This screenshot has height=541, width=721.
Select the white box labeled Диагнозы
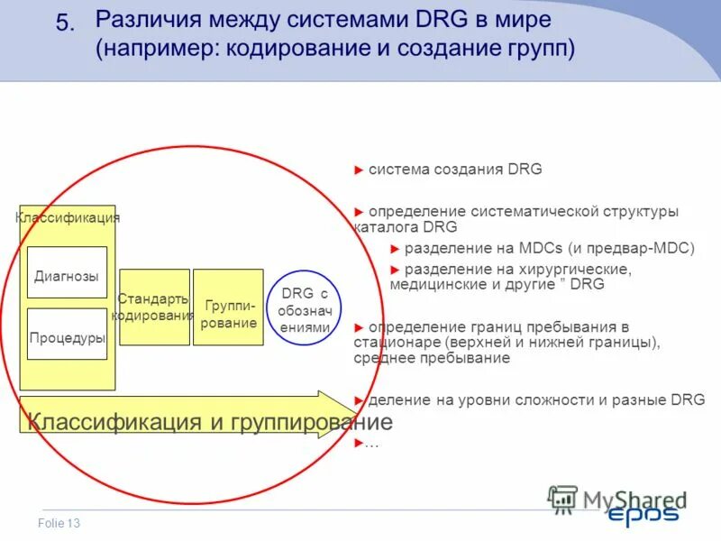point(67,277)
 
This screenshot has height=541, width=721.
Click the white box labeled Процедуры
point(67,337)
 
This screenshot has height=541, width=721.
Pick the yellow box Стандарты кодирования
point(154,307)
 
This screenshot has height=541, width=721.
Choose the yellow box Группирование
point(228,307)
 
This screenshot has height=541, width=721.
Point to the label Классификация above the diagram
point(68,217)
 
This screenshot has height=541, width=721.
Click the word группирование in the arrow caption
point(316,421)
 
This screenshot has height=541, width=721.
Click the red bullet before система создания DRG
point(359,170)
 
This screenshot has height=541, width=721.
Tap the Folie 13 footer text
point(59,524)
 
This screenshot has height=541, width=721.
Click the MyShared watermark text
point(634,499)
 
